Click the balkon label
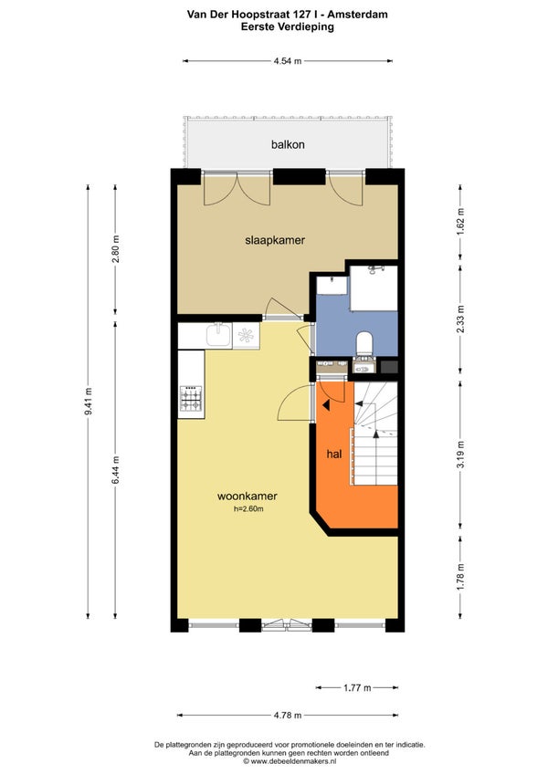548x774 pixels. click(x=288, y=144)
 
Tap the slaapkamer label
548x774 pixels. click(x=275, y=240)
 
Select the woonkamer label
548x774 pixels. click(x=248, y=497)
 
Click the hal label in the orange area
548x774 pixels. click(x=334, y=454)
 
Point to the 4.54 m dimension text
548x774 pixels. click(x=288, y=61)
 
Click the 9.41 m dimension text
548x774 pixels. click(x=89, y=402)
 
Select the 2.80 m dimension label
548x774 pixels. click(x=116, y=249)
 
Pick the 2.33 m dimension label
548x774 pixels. click(x=460, y=319)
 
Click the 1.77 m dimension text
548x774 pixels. click(x=357, y=687)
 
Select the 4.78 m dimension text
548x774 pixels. click(x=288, y=716)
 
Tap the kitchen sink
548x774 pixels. click(x=218, y=335)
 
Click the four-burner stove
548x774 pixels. click(x=191, y=398)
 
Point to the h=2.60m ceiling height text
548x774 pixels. click(x=248, y=509)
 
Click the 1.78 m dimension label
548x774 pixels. click(x=460, y=577)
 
